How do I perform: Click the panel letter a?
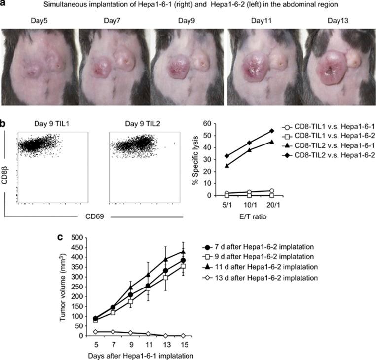tap(4, 5)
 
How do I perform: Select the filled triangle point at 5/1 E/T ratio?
tap(226, 166)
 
